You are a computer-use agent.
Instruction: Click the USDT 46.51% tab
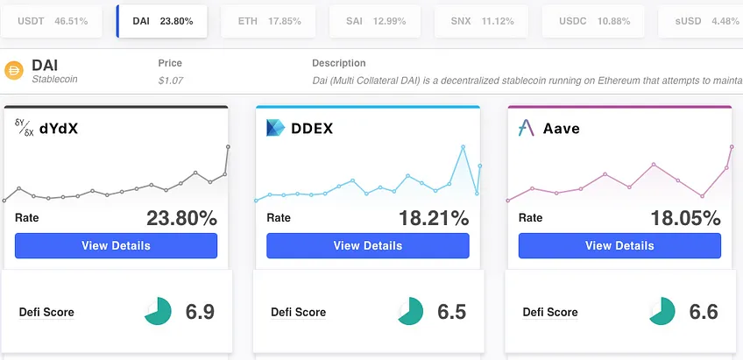pos(51,21)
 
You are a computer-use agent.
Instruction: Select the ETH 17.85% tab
pos(268,21)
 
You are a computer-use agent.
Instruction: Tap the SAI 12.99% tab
pos(375,21)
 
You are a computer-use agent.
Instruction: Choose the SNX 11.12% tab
pos(481,21)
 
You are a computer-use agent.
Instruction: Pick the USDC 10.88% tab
pos(593,21)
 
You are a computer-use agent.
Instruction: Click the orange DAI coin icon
pos(14,71)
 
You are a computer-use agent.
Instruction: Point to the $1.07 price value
pos(171,81)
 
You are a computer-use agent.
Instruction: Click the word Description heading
pos(339,63)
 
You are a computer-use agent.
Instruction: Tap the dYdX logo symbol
pos(25,128)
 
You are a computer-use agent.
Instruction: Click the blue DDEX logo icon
pos(275,128)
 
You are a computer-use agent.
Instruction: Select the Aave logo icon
pos(527,128)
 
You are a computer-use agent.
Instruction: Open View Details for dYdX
pos(116,245)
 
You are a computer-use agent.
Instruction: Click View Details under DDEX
pos(368,245)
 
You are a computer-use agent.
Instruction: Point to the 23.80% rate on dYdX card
pos(181,218)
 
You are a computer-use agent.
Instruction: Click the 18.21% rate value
pos(434,218)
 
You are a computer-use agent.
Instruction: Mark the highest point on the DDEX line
pos(463,147)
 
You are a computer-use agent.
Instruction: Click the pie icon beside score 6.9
pos(158,311)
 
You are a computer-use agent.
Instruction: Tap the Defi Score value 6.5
pos(451,312)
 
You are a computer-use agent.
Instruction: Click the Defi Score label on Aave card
pos(550,312)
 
